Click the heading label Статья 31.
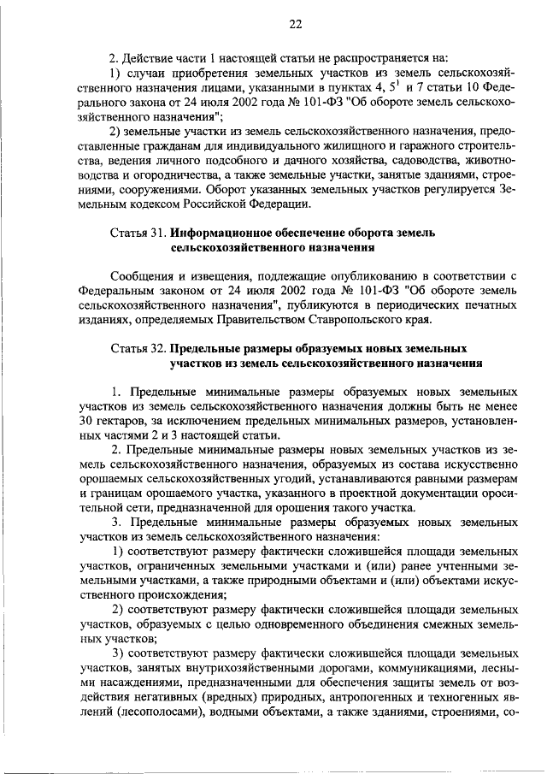click(x=138, y=233)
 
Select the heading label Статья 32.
click(x=138, y=350)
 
